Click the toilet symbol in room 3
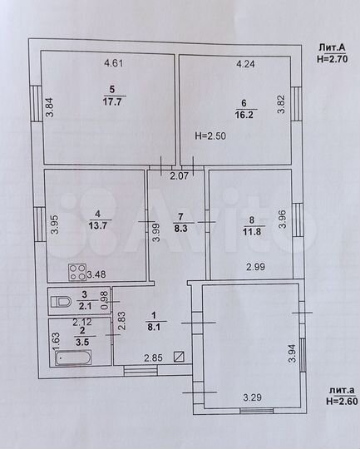(x=60, y=302)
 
